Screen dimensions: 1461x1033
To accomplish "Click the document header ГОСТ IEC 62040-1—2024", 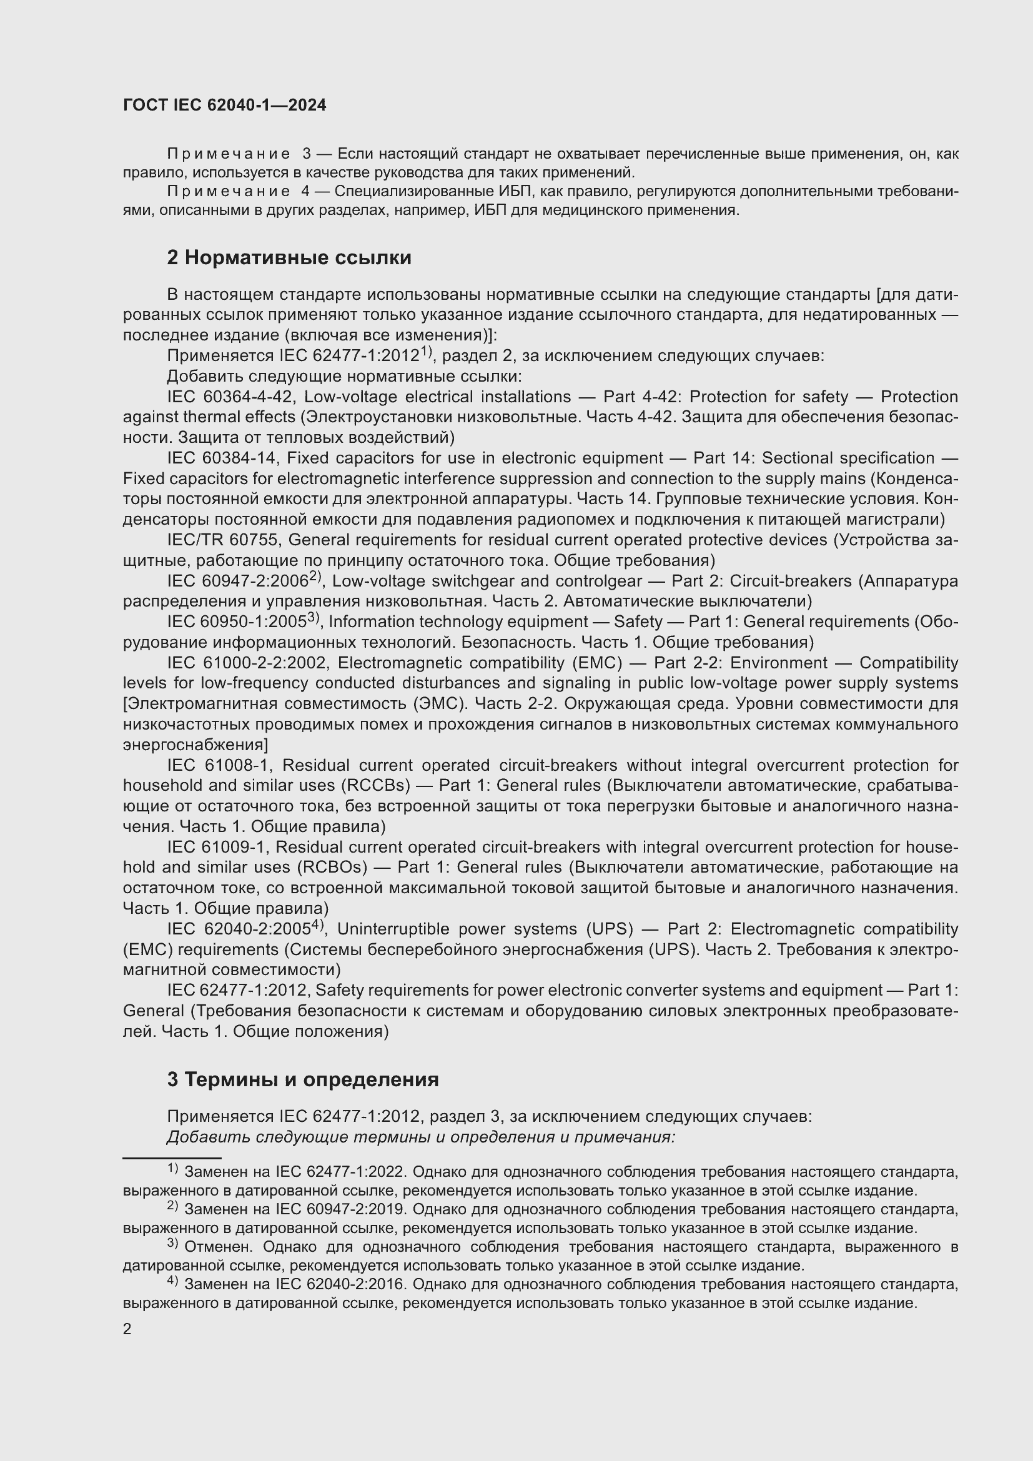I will (225, 106).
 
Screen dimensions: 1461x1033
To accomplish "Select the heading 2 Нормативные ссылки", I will (289, 258).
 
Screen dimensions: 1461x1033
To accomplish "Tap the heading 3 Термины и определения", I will (303, 1080).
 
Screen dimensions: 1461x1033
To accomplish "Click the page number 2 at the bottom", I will (127, 1329).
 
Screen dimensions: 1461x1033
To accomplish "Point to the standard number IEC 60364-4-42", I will (230, 397).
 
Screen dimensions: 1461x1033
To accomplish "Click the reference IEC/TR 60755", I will (222, 540).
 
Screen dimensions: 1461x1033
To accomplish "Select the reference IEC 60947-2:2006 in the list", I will (239, 582).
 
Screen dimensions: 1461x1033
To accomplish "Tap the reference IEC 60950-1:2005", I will (238, 622).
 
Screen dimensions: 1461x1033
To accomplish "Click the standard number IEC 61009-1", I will (217, 848).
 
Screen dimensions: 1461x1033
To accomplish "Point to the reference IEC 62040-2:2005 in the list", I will (239, 929).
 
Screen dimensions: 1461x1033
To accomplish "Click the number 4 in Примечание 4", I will (306, 192).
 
